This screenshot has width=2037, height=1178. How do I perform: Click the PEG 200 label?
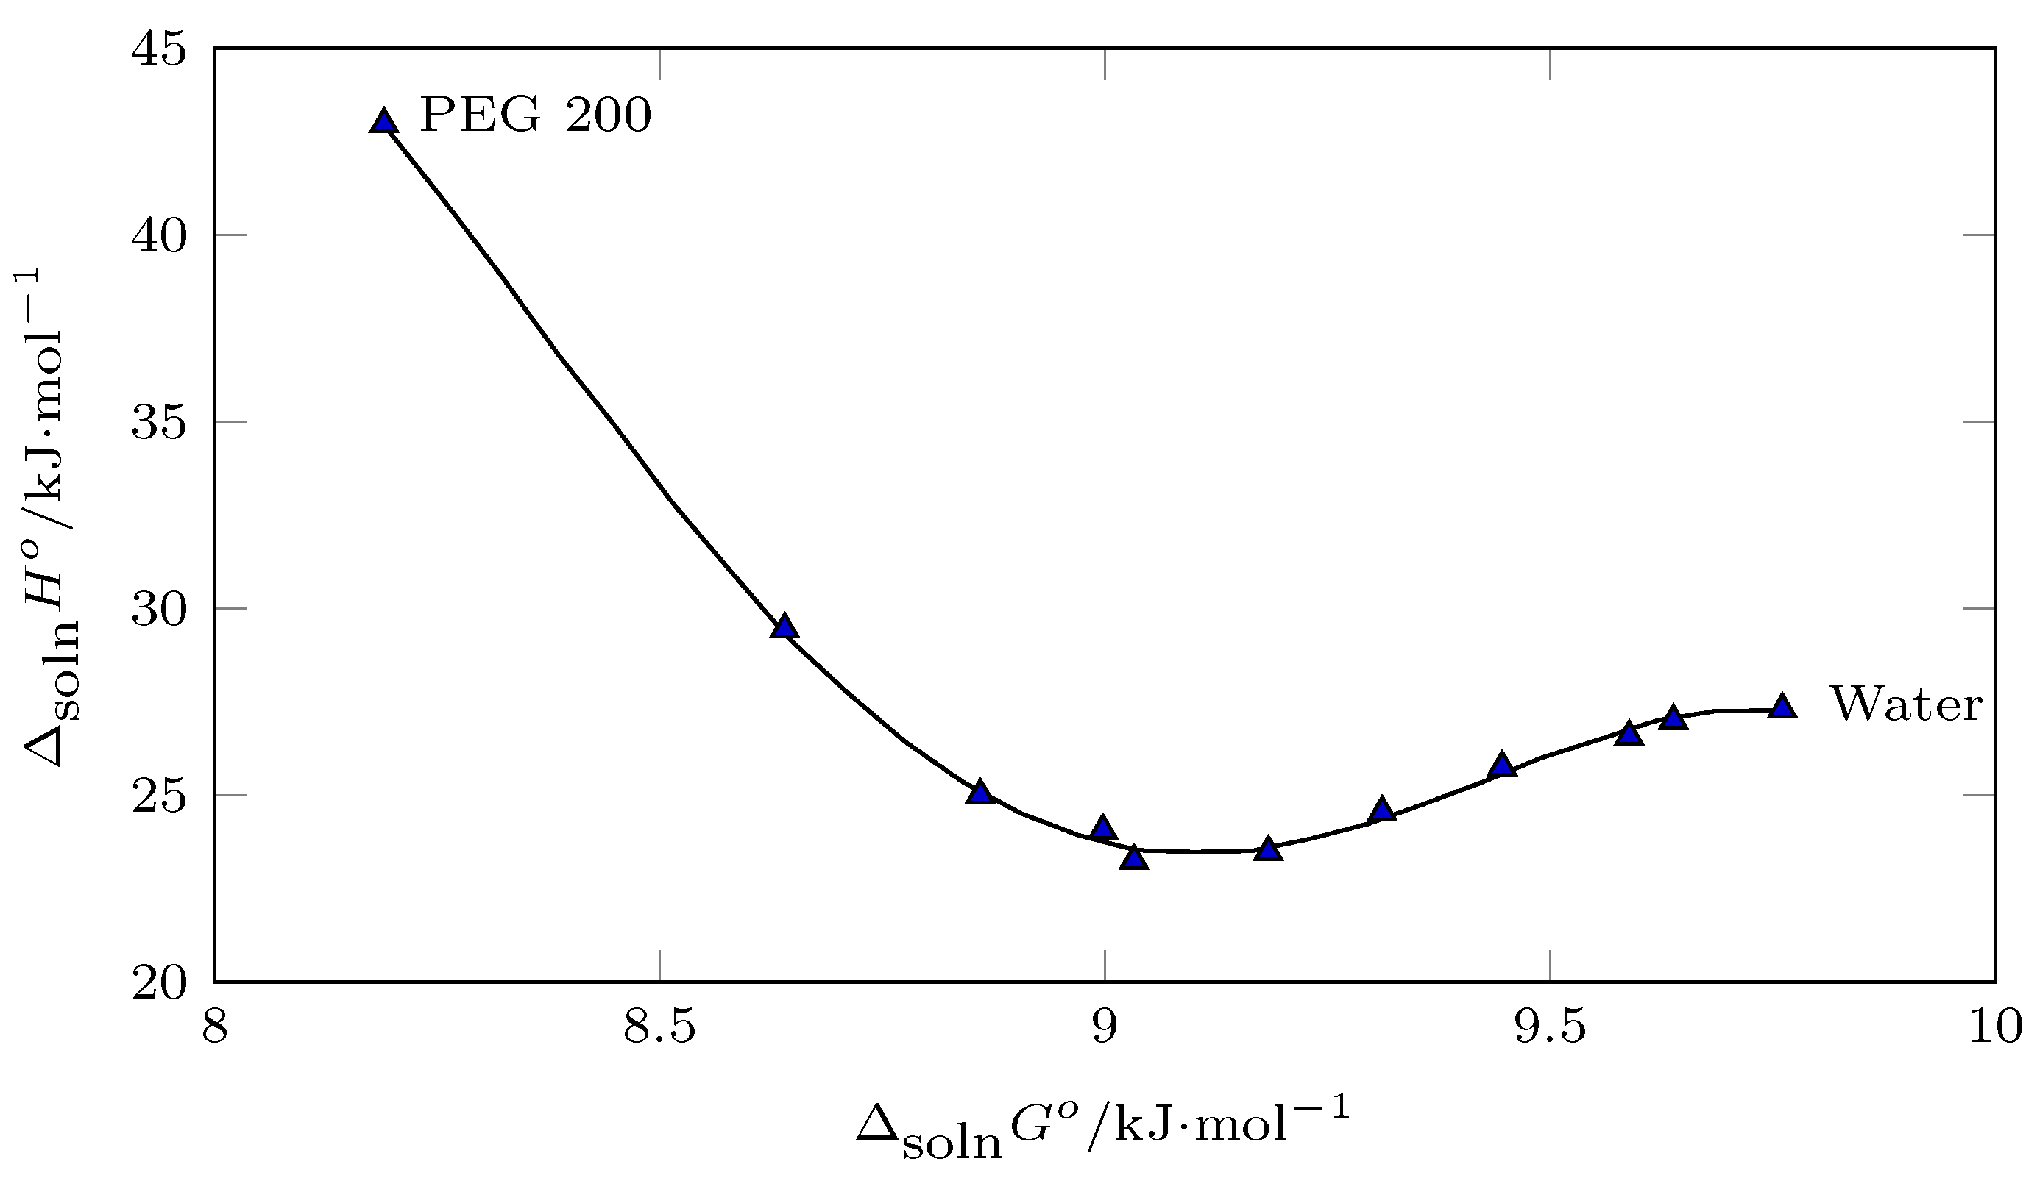(x=535, y=116)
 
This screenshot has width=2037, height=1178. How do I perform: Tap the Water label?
(x=1906, y=704)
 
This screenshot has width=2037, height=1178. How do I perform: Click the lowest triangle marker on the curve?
(x=1134, y=857)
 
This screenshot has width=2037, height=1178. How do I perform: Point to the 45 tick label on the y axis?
(x=158, y=50)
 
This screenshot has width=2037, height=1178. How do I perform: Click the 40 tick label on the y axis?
(x=158, y=236)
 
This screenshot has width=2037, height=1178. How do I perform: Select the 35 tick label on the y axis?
(x=158, y=423)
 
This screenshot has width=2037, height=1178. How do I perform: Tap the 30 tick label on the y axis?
(x=158, y=609)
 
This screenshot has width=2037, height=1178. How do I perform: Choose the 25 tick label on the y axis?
(x=158, y=796)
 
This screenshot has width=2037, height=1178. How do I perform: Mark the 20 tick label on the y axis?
(x=158, y=982)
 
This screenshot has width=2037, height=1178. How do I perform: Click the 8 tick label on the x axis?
(x=214, y=1029)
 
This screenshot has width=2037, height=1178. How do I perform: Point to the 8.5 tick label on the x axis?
(x=659, y=1029)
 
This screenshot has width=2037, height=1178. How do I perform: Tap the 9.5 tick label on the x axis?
(x=1551, y=1029)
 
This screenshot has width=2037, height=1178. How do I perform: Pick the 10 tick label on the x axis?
(x=1995, y=1029)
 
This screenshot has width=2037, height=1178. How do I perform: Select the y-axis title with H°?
(x=50, y=517)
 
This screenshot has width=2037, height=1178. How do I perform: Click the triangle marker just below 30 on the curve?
(x=783, y=627)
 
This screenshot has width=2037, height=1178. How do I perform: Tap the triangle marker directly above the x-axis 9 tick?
(x=1102, y=828)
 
